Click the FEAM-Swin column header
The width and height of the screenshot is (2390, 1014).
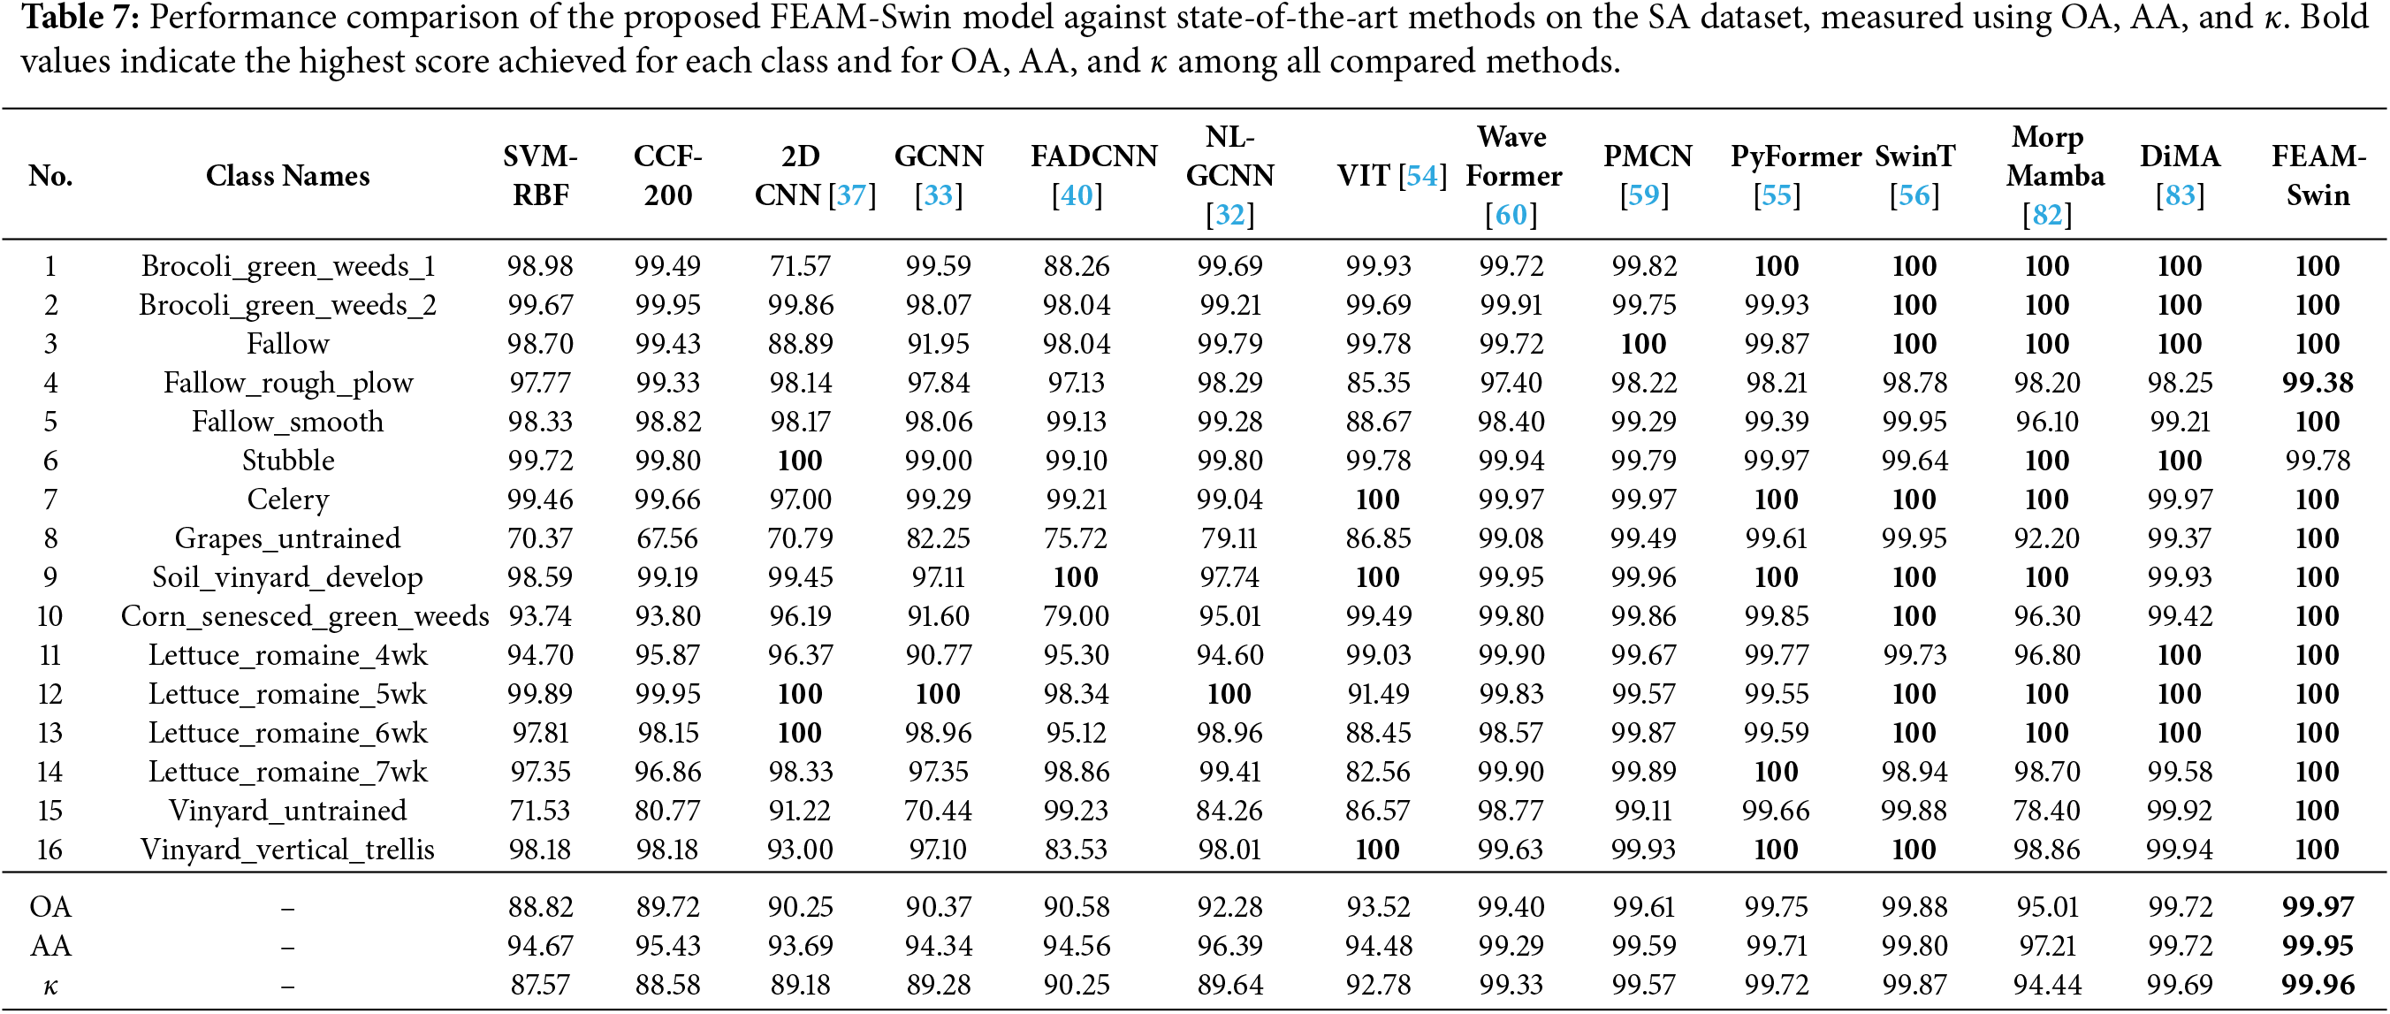coord(2318,175)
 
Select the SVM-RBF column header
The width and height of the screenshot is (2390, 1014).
coord(540,175)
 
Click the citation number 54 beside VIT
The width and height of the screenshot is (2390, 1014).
coord(1422,175)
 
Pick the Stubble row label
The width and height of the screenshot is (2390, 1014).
coord(287,461)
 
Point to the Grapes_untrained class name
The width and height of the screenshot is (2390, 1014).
coord(287,538)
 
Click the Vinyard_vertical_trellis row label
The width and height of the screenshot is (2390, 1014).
coord(287,850)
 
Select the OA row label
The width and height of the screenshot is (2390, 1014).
coord(50,906)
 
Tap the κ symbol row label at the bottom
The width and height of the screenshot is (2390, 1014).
coord(50,985)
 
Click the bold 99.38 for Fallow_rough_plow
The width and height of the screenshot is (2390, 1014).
coord(2318,382)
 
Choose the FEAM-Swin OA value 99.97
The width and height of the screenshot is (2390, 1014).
coord(2318,906)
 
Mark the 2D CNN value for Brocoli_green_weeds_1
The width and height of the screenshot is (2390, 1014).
coord(800,266)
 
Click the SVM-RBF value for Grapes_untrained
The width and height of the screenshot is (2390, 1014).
coord(540,538)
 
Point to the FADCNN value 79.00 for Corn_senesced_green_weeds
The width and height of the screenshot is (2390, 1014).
coord(1077,616)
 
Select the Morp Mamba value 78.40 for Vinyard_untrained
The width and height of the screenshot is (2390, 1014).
coord(2047,811)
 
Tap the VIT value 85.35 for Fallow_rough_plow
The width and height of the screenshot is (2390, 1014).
coord(1378,382)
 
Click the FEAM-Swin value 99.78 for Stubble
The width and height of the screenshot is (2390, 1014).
coord(2318,461)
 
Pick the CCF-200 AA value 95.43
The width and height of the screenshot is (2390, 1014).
coord(668,945)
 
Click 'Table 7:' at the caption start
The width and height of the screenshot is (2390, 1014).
coord(80,18)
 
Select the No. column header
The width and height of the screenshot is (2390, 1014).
coord(50,175)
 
